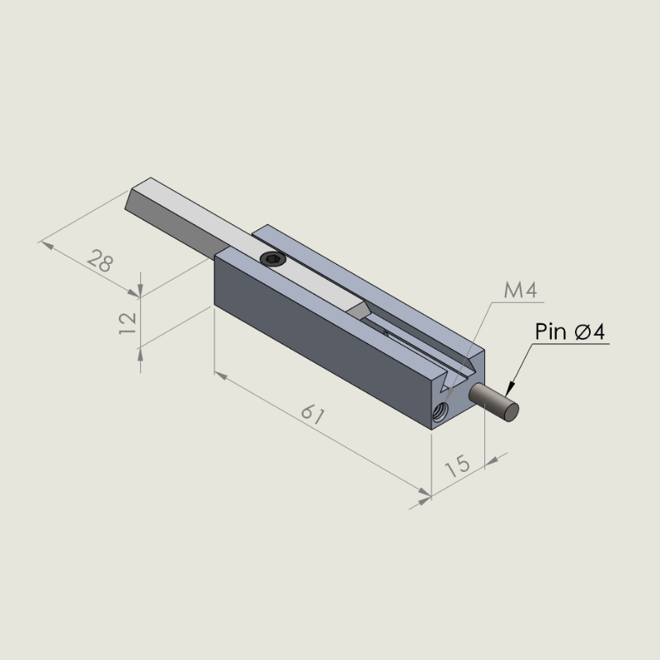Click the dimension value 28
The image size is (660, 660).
point(100,261)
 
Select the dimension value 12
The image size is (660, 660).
point(128,323)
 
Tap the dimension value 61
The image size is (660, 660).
point(313,414)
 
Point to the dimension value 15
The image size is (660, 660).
point(458,465)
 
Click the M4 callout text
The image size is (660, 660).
point(521,290)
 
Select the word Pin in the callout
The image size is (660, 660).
point(550,332)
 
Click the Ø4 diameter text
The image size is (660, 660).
point(590,332)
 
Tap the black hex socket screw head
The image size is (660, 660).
point(273,259)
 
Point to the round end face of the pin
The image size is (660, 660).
point(510,411)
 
